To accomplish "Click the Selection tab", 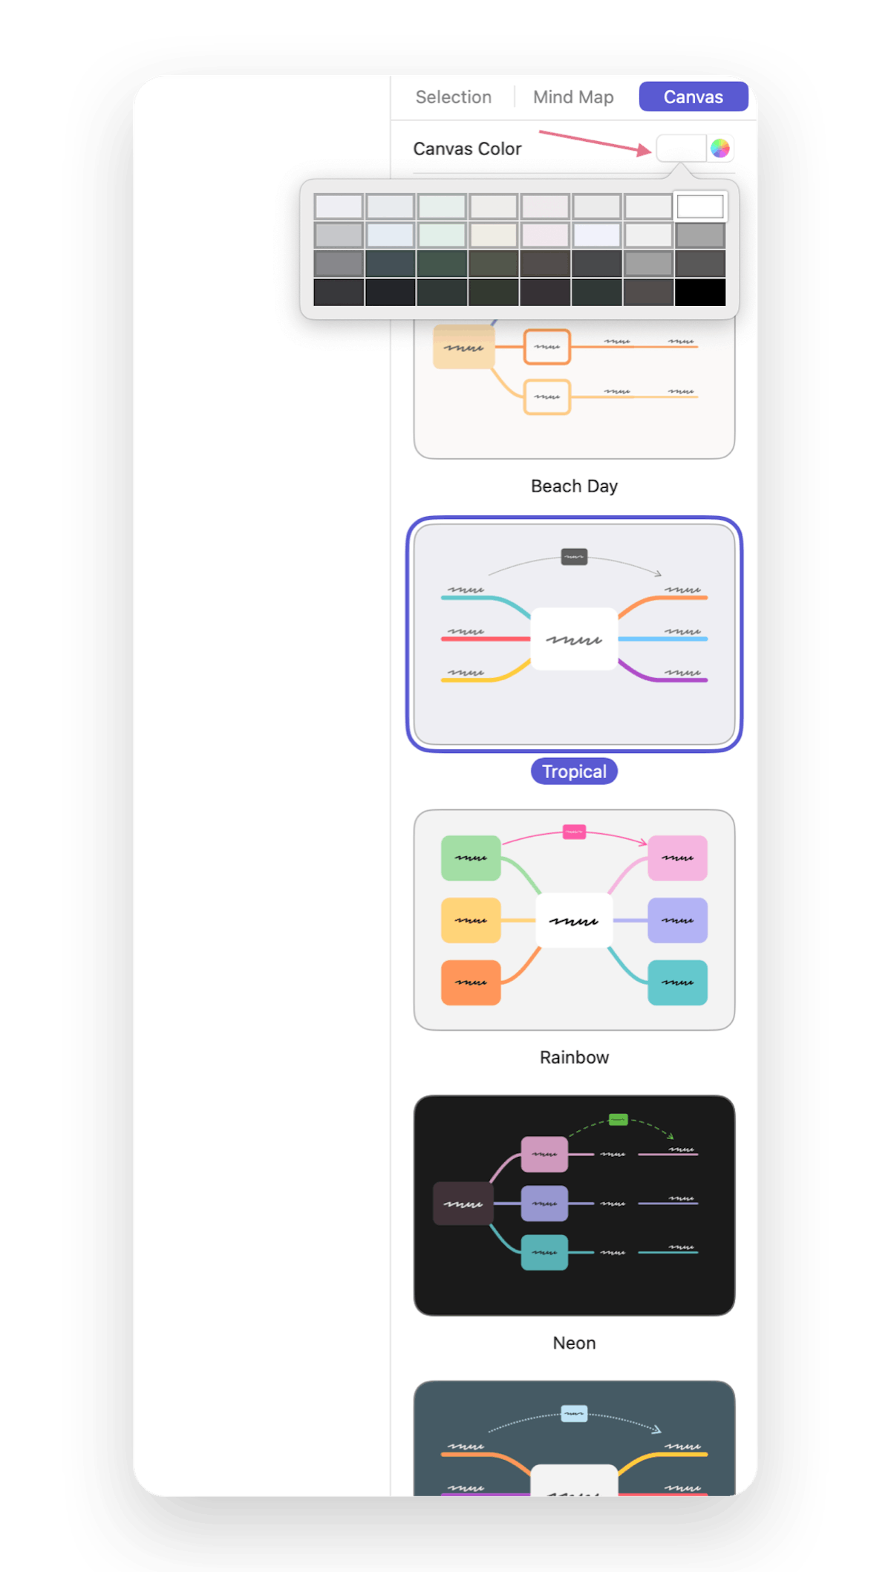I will [453, 97].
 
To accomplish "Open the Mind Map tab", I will [573, 97].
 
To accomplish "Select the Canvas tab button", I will [693, 97].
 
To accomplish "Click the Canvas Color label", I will [467, 149].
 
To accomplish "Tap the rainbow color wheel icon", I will [719, 149].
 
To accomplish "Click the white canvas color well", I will [681, 149].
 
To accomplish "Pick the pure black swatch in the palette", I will [700, 293].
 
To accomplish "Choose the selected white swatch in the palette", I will [700, 206].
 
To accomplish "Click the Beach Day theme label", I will [574, 486].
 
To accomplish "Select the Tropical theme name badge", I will [574, 772].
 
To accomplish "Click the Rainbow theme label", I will [574, 1057].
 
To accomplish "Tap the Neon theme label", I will [574, 1343].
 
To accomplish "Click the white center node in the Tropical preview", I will [574, 639].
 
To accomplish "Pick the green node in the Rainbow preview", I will [471, 858].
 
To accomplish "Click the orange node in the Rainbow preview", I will [471, 982].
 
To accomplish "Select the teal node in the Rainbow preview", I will [677, 982].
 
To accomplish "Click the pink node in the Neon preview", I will [544, 1154].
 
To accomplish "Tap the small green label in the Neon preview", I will [618, 1119].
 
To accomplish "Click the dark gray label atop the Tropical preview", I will [574, 556].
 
